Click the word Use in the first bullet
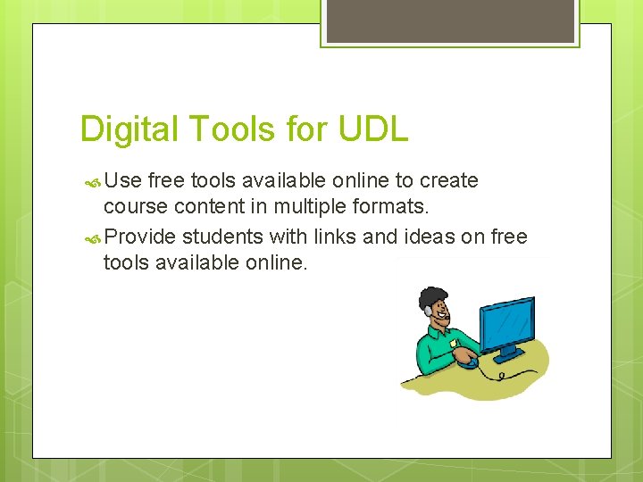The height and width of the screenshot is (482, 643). click(123, 181)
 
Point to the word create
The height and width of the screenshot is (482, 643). click(449, 181)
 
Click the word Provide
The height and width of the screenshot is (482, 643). click(140, 237)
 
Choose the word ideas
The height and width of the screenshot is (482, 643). click(420, 237)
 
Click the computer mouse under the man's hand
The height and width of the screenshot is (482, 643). click(466, 361)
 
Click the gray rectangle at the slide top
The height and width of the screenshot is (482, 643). click(450, 21)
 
